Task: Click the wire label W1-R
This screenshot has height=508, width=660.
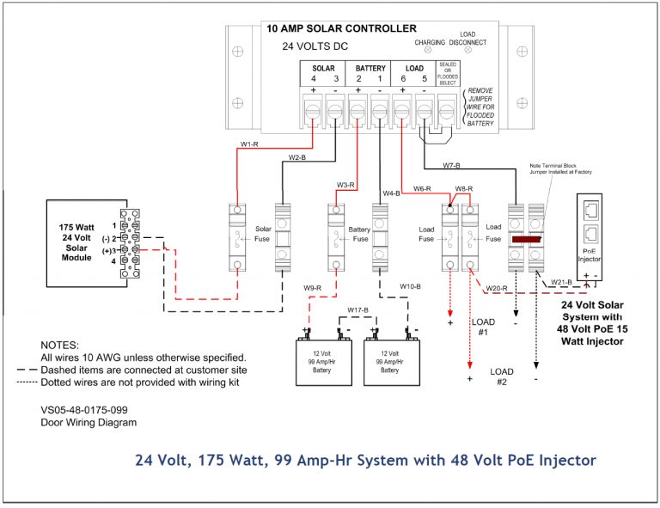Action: pos(249,144)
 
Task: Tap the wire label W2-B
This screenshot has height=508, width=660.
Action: pos(296,158)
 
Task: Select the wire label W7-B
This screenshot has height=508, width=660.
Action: pos(452,164)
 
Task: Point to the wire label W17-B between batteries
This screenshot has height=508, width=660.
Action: pos(357,309)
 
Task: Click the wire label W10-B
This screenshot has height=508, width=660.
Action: pos(411,286)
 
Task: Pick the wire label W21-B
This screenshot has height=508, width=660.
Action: pos(560,282)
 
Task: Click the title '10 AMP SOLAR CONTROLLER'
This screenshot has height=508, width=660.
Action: pos(341,29)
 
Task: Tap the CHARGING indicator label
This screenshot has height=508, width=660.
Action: pos(429,41)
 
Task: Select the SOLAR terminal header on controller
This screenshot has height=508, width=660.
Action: pos(323,67)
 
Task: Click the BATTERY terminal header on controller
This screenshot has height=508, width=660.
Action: pos(370,67)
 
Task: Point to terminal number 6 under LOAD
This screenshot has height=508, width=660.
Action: pos(402,79)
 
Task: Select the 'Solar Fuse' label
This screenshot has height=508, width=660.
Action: pos(263,235)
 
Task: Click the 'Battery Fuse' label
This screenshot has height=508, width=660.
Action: pos(359,235)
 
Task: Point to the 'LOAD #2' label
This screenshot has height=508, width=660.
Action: pos(502,377)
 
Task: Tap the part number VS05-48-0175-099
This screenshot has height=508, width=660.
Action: pos(89,410)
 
